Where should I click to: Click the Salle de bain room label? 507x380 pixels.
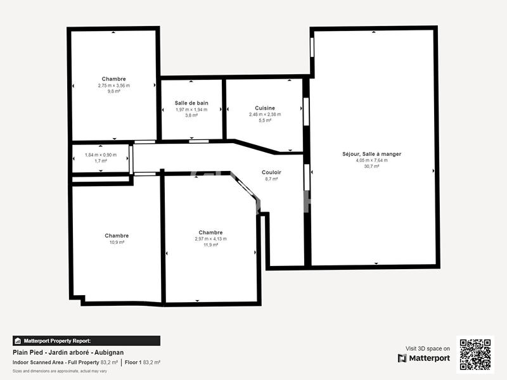(x=191, y=103)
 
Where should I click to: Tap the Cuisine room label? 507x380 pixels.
(x=265, y=108)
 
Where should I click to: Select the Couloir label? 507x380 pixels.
(x=271, y=172)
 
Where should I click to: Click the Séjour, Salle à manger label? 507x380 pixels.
(x=371, y=154)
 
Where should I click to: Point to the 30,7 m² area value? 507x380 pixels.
(x=371, y=167)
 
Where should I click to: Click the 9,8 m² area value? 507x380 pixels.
(x=113, y=91)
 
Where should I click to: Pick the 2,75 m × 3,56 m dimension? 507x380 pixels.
(x=113, y=85)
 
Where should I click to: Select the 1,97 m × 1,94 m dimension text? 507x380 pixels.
(x=191, y=109)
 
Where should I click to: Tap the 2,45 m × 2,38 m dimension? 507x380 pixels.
(x=265, y=114)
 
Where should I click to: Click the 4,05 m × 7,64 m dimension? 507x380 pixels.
(x=371, y=160)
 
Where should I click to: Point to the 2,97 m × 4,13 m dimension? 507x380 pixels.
(x=210, y=238)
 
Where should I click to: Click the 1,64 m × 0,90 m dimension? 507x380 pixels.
(x=101, y=155)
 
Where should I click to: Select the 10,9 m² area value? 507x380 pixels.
(x=117, y=242)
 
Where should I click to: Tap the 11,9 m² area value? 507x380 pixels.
(x=210, y=244)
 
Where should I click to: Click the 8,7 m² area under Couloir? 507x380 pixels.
(x=271, y=179)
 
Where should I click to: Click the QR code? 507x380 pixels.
(x=475, y=355)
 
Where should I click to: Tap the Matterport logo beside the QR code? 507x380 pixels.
(x=424, y=358)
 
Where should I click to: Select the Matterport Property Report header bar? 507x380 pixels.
(x=86, y=341)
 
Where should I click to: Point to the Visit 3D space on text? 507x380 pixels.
(x=428, y=348)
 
